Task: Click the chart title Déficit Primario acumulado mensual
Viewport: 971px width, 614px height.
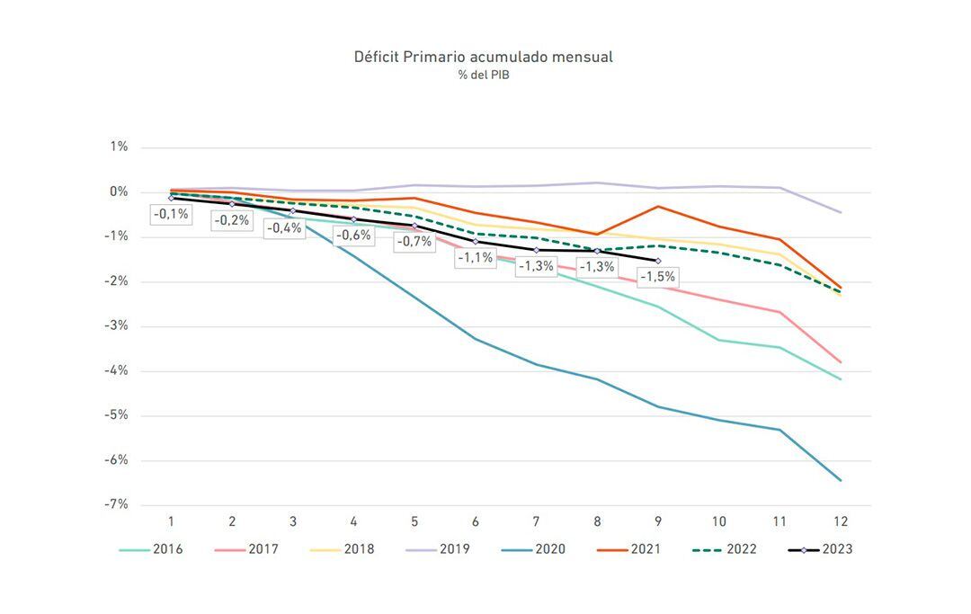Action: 484,57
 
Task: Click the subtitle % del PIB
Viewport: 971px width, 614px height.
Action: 484,75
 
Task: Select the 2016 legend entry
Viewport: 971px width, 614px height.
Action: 152,548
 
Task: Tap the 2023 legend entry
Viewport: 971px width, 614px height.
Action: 820,548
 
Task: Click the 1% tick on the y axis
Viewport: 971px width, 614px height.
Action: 119,147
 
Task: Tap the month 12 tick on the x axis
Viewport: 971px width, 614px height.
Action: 841,521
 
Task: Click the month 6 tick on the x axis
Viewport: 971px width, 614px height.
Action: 476,521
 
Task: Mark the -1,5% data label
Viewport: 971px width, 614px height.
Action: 657,277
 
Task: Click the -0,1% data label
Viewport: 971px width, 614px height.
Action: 171,214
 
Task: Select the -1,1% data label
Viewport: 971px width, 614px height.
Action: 475,258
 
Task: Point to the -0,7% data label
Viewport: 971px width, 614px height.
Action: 414,241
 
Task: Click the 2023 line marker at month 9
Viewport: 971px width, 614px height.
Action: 658,261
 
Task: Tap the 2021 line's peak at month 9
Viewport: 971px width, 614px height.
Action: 658,207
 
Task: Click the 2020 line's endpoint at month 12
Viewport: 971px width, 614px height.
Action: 841,480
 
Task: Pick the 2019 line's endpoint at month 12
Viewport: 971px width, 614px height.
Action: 841,212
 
